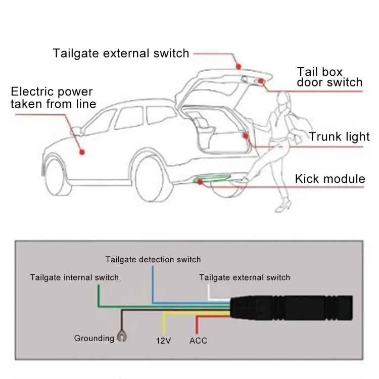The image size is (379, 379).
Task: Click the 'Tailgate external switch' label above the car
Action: [121, 53]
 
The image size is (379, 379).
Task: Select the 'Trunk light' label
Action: [340, 137]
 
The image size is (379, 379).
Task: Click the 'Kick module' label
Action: [329, 178]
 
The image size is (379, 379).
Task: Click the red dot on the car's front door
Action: [81, 151]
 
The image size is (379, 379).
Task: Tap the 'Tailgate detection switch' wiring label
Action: [153, 260]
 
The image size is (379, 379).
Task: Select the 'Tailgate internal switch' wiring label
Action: [74, 277]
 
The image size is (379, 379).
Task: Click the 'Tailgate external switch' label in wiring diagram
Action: [245, 277]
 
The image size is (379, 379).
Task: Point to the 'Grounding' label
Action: [94, 338]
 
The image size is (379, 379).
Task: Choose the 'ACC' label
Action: [198, 341]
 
